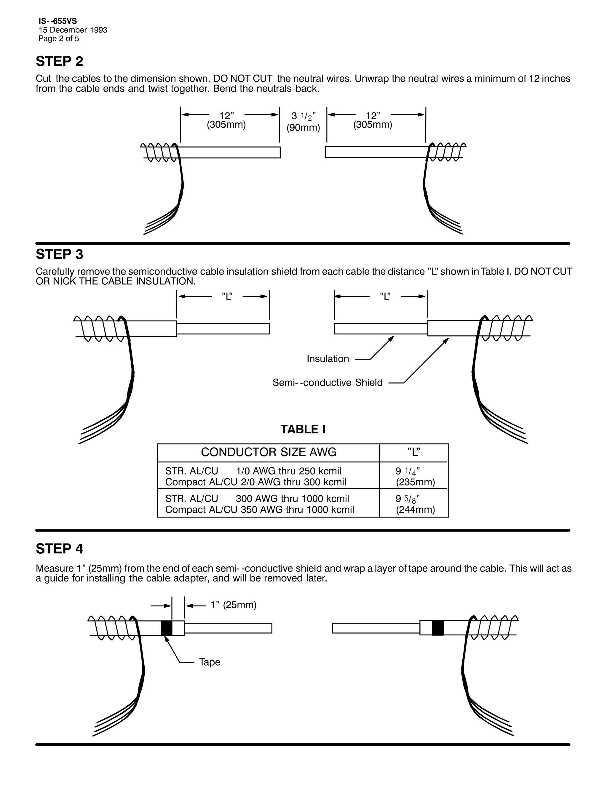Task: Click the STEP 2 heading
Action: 59,61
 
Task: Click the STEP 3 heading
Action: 59,254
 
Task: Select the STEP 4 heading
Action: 59,549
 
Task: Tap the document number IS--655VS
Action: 57,21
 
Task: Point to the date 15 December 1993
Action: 73,30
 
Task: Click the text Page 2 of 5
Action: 59,39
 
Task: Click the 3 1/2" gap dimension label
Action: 303,116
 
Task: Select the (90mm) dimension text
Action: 303,128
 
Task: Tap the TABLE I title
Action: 303,430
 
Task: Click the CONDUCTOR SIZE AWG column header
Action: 269,452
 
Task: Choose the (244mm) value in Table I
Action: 415,510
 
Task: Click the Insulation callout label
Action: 328,359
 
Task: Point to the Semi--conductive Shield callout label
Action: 327,382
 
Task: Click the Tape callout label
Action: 210,662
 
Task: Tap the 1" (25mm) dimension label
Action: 233,605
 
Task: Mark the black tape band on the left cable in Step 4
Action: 166,628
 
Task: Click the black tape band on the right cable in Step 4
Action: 438,628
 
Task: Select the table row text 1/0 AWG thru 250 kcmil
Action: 288,471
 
